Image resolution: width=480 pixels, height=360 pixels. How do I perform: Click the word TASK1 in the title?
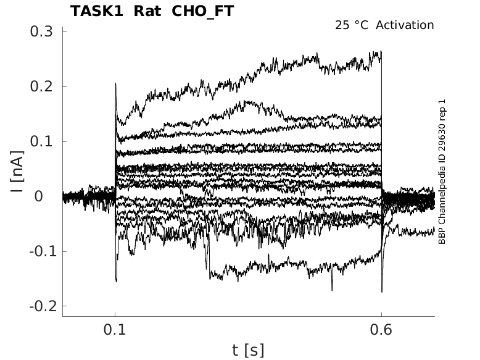pos(96,11)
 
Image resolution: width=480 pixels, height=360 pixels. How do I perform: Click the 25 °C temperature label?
pos(352,25)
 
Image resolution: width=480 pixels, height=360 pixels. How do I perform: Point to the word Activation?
pos(405,25)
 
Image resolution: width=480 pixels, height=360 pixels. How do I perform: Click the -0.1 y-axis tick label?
pos(42,251)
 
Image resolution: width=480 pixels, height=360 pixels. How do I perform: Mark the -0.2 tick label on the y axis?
pos(42,306)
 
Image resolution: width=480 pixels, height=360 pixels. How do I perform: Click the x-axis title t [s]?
pos(248,350)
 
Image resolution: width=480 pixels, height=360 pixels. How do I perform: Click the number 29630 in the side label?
pos(442,141)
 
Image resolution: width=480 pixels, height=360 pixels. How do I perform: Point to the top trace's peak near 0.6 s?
pos(380,52)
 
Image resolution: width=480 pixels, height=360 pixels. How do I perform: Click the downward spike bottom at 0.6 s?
pos(382,291)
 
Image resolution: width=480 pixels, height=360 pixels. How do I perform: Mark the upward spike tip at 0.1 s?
pos(115,83)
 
